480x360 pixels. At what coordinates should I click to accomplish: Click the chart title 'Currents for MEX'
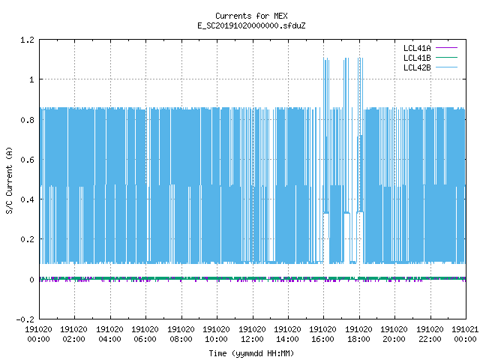click(251, 16)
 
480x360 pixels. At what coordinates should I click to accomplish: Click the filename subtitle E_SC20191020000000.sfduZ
click(251, 25)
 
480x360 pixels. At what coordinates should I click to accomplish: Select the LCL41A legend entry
click(430, 48)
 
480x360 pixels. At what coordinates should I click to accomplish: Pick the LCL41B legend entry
click(430, 58)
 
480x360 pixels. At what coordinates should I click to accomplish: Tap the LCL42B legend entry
click(430, 67)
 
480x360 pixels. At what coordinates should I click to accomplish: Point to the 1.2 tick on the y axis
click(27, 40)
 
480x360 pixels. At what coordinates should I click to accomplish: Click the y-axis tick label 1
click(31, 80)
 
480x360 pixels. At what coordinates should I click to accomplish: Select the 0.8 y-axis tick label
click(27, 120)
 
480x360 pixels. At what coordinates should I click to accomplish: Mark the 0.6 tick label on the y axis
click(27, 160)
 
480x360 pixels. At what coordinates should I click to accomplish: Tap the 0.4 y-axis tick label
click(27, 199)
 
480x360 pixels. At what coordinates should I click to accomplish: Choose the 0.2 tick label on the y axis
click(27, 239)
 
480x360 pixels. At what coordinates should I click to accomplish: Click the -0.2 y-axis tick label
click(25, 319)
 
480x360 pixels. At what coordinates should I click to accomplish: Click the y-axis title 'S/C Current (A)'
click(9, 181)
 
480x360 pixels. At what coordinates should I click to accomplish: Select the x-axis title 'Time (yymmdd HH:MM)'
click(251, 353)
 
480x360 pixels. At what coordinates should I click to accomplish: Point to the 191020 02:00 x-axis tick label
click(73, 334)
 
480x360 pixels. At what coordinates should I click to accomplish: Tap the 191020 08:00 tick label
click(181, 334)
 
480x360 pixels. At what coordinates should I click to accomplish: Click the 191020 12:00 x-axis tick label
click(252, 334)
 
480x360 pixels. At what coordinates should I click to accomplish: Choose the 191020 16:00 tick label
click(323, 334)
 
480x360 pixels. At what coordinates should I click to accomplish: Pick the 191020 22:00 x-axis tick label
click(430, 334)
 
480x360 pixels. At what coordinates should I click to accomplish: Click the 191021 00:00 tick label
click(465, 334)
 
